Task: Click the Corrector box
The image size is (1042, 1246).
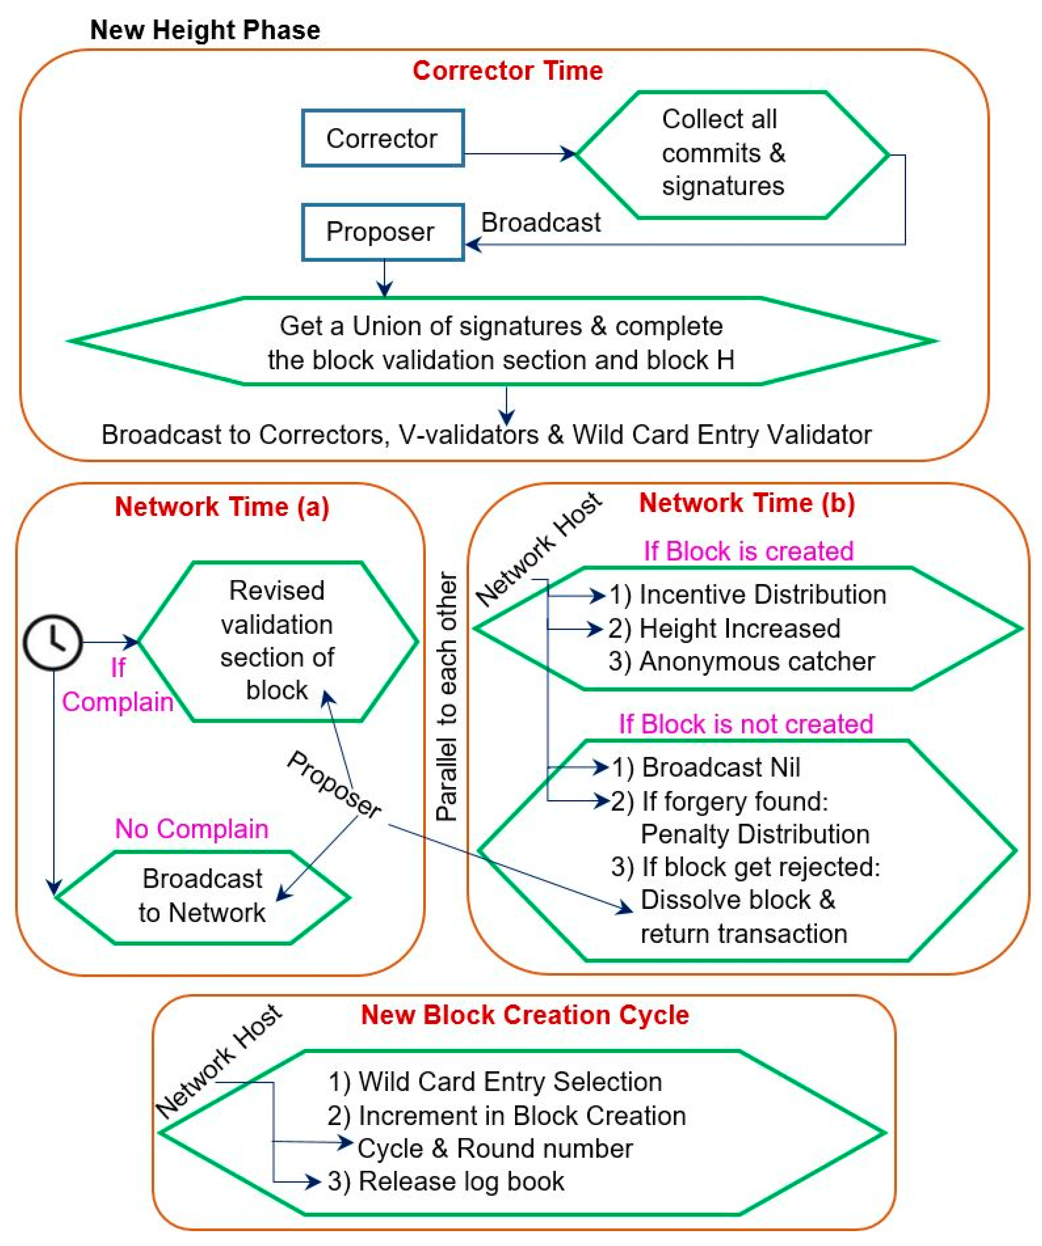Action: click(382, 138)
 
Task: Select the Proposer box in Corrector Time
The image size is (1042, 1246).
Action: click(382, 232)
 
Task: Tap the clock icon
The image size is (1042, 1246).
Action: click(53, 642)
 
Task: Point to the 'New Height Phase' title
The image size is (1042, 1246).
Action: click(205, 29)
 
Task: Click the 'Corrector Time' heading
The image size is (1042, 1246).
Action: click(507, 71)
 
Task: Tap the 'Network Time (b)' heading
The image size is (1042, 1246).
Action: click(747, 502)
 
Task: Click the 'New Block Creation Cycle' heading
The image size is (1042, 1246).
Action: click(525, 1014)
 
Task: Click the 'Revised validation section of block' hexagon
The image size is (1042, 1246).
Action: click(277, 641)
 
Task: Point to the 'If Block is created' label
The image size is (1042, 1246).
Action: click(748, 551)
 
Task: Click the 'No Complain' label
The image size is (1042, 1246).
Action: click(192, 828)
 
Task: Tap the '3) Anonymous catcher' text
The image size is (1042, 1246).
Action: click(741, 662)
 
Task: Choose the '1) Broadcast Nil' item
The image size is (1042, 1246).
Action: click(706, 767)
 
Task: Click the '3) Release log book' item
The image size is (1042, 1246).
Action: click(446, 1181)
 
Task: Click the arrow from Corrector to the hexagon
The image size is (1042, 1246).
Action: click(519, 154)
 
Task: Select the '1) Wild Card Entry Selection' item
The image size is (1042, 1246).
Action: click(496, 1081)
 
